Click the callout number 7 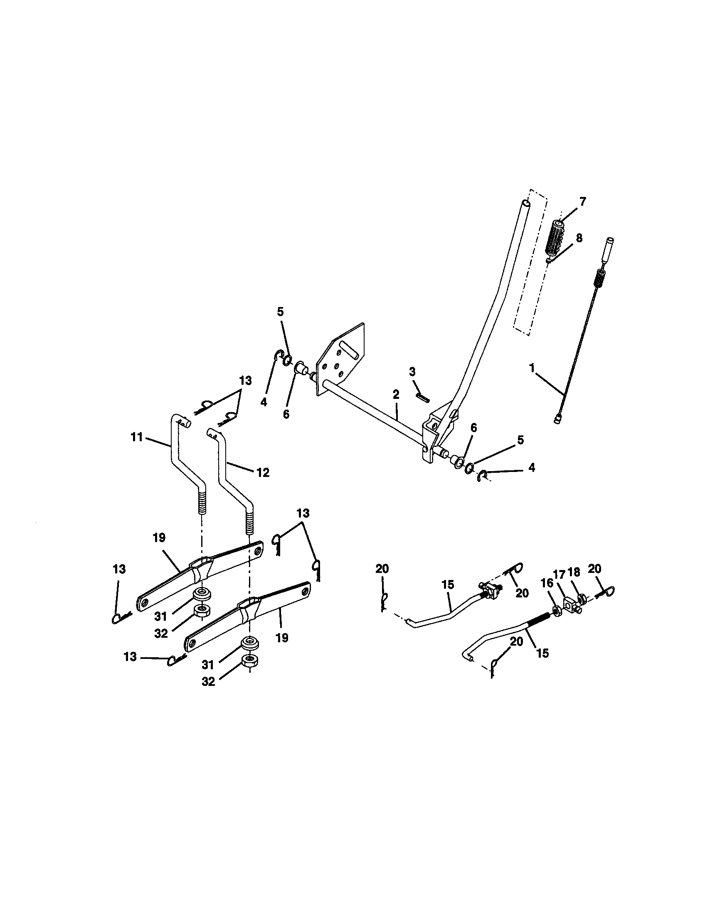(582, 201)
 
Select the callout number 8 (579, 238)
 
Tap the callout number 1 (532, 368)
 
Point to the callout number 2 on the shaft (396, 394)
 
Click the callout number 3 (412, 372)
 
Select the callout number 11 (136, 437)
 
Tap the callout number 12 (263, 472)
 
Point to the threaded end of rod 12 (249, 521)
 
